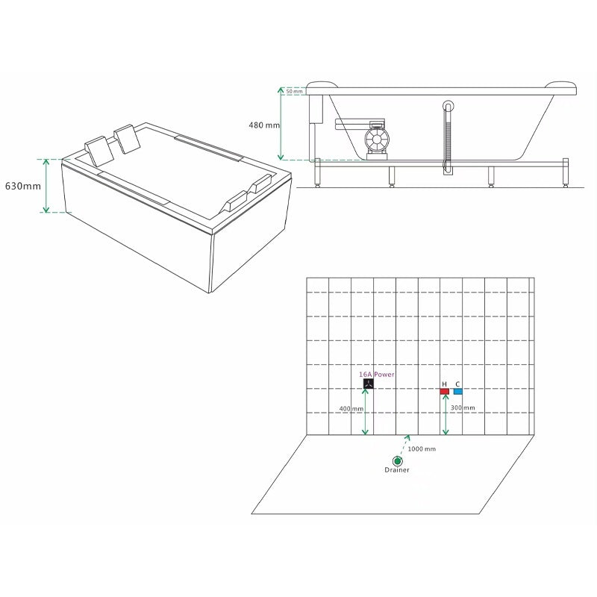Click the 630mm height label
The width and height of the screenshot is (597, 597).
click(x=23, y=186)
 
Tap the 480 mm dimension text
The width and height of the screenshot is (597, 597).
click(x=264, y=125)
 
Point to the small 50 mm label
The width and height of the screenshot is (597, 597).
click(x=294, y=91)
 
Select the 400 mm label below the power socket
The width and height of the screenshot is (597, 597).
click(x=351, y=409)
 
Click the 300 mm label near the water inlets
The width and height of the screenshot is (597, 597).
click(x=463, y=407)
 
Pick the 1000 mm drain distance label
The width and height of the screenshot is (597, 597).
click(x=422, y=449)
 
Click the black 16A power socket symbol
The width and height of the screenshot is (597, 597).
click(x=368, y=384)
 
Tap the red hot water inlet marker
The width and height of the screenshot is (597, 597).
click(x=444, y=391)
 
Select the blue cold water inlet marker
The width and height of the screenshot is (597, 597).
click(x=458, y=391)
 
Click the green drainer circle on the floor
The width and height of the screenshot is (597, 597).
click(x=398, y=461)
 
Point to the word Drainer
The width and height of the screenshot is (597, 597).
click(x=397, y=470)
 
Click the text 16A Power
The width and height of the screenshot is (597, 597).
click(x=377, y=375)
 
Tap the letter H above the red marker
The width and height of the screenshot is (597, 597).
click(x=444, y=384)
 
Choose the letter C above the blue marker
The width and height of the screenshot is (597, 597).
click(x=457, y=384)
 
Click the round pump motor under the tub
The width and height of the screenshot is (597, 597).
click(x=377, y=140)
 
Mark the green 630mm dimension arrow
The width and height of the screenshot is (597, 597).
click(x=46, y=186)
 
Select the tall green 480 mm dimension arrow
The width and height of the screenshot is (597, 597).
click(x=281, y=124)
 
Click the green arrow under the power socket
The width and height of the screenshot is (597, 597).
click(x=365, y=412)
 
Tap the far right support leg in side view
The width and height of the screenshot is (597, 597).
click(x=566, y=173)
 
